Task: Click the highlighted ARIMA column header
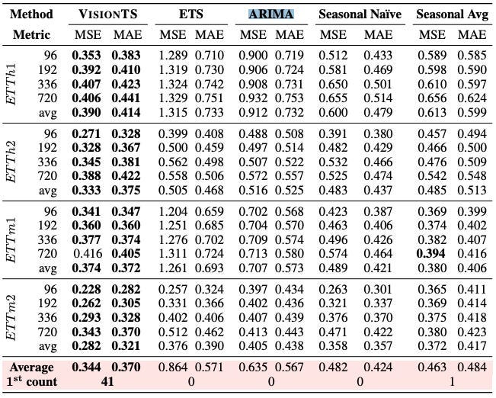tap(272, 14)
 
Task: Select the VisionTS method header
tap(107, 14)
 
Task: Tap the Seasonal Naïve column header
tap(359, 14)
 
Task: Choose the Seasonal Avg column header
tap(453, 14)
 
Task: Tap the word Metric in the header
tap(30, 34)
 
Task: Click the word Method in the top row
tap(31, 14)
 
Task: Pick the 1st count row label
tap(33, 381)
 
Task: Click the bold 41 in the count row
tap(107, 381)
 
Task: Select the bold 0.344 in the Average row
tap(86, 368)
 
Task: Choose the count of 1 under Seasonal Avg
tap(453, 381)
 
